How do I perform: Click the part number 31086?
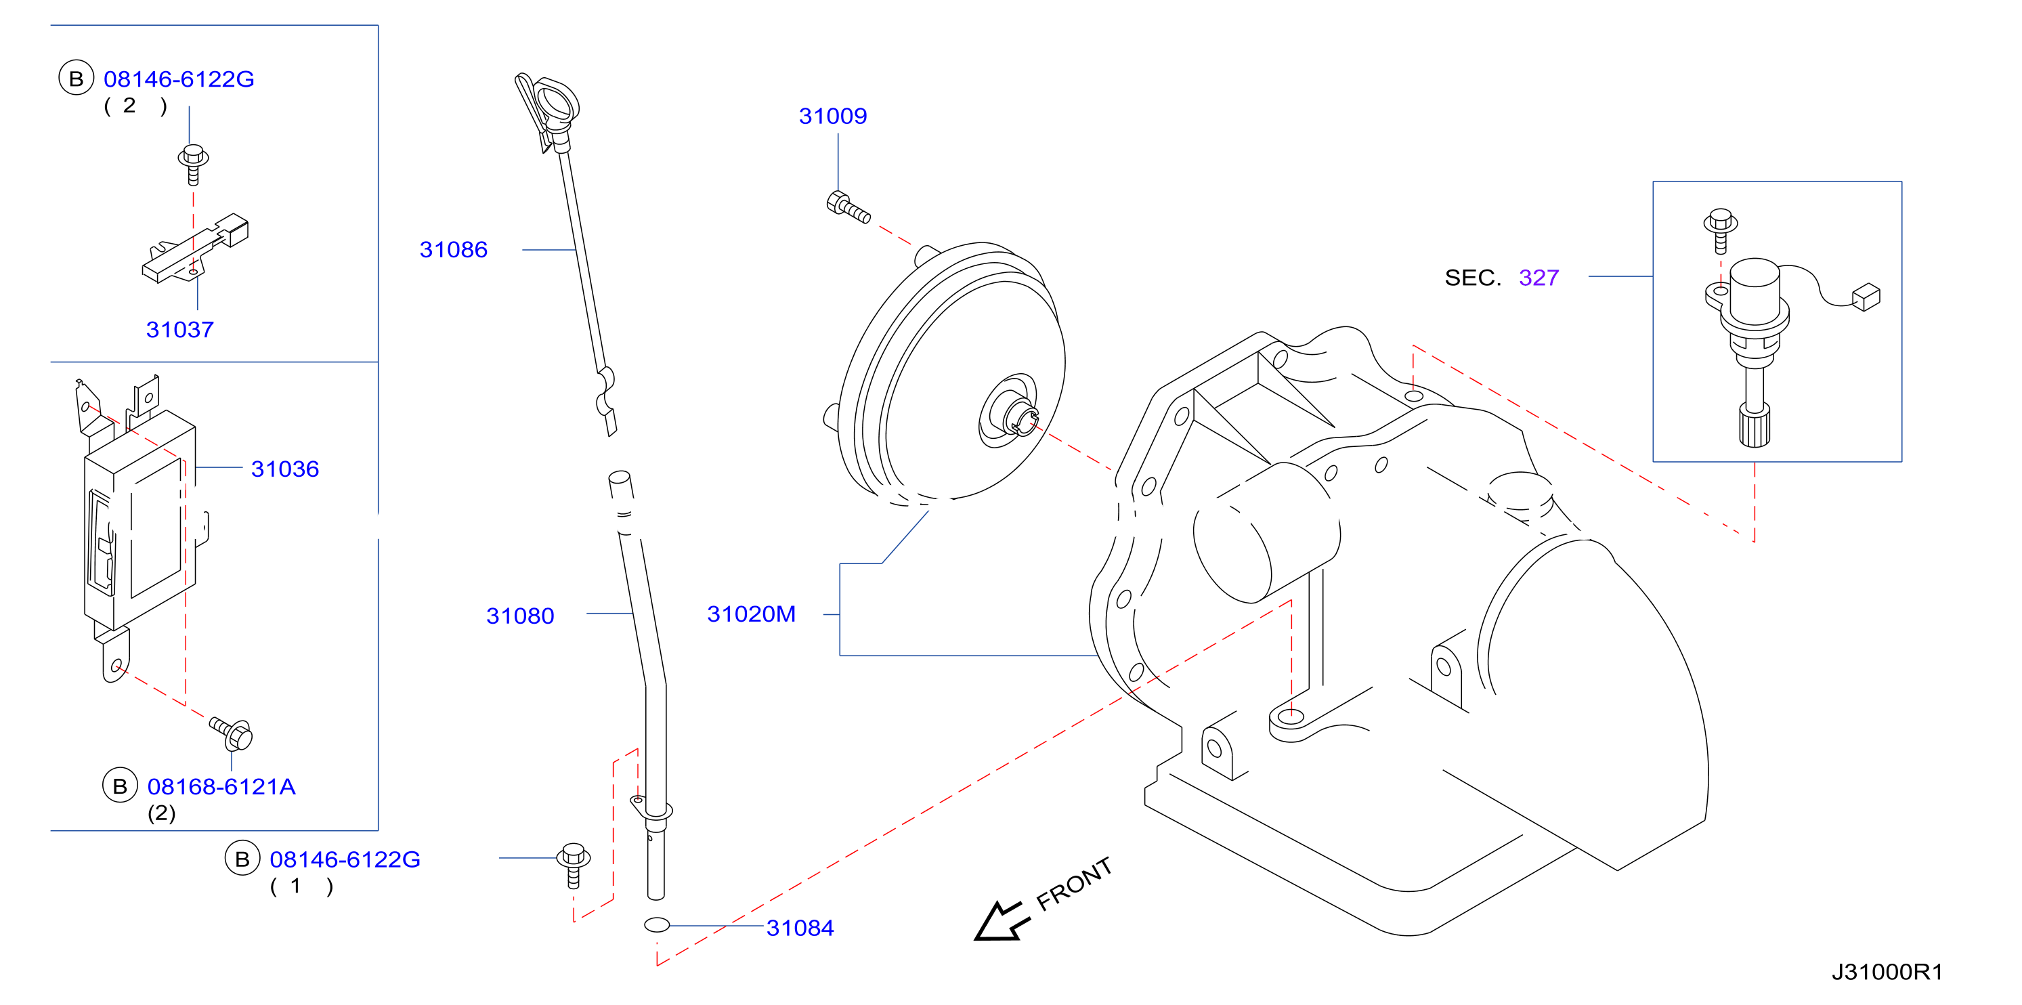(453, 250)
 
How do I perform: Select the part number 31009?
(833, 116)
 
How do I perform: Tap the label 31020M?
(751, 614)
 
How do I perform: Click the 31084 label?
(800, 927)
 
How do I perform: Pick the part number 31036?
(285, 469)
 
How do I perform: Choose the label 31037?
(179, 329)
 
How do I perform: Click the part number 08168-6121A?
(221, 786)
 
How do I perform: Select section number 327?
(1539, 277)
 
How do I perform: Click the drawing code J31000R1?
(1887, 972)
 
